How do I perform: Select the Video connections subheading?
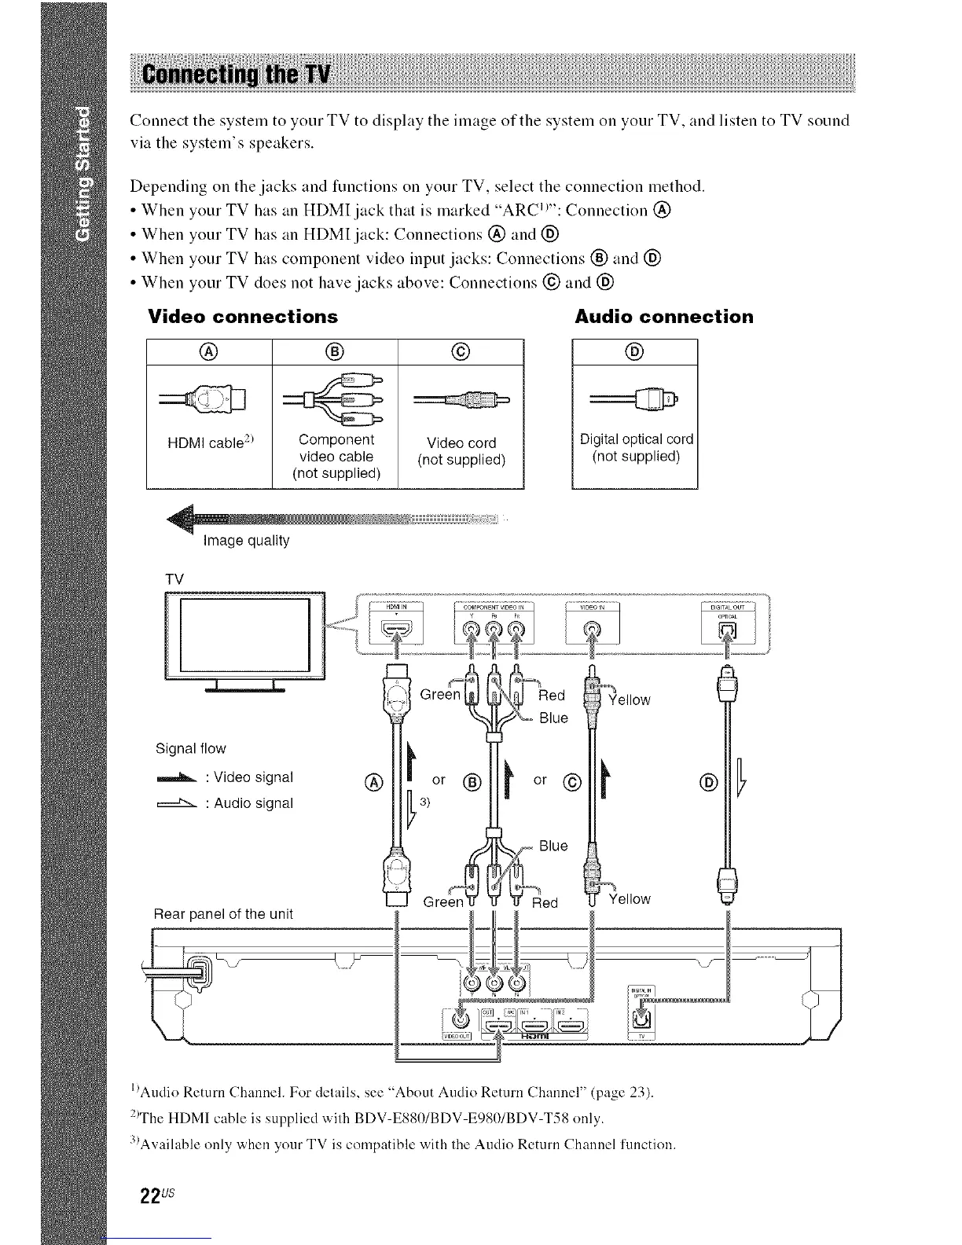click(243, 317)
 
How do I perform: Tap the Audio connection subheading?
click(664, 317)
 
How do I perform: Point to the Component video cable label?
click(336, 456)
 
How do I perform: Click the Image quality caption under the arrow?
click(246, 541)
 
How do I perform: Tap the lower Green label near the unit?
click(443, 902)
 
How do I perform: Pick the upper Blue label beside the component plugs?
click(553, 718)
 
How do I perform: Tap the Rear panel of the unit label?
click(223, 913)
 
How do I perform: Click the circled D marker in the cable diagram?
click(708, 782)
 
